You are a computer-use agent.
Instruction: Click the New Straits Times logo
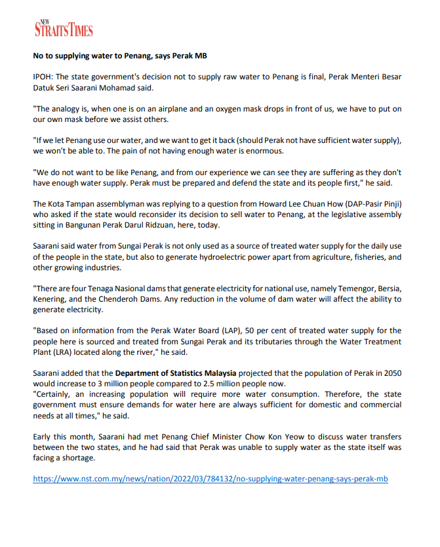pyautogui.click(x=64, y=28)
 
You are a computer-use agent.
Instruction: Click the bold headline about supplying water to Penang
pyautogui.click(x=120, y=56)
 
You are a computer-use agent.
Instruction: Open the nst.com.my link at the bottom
pyautogui.click(x=210, y=480)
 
